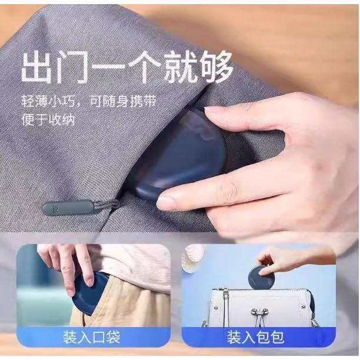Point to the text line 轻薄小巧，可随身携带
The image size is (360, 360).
[x=89, y=101]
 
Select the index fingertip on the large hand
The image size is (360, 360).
[x=212, y=111]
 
